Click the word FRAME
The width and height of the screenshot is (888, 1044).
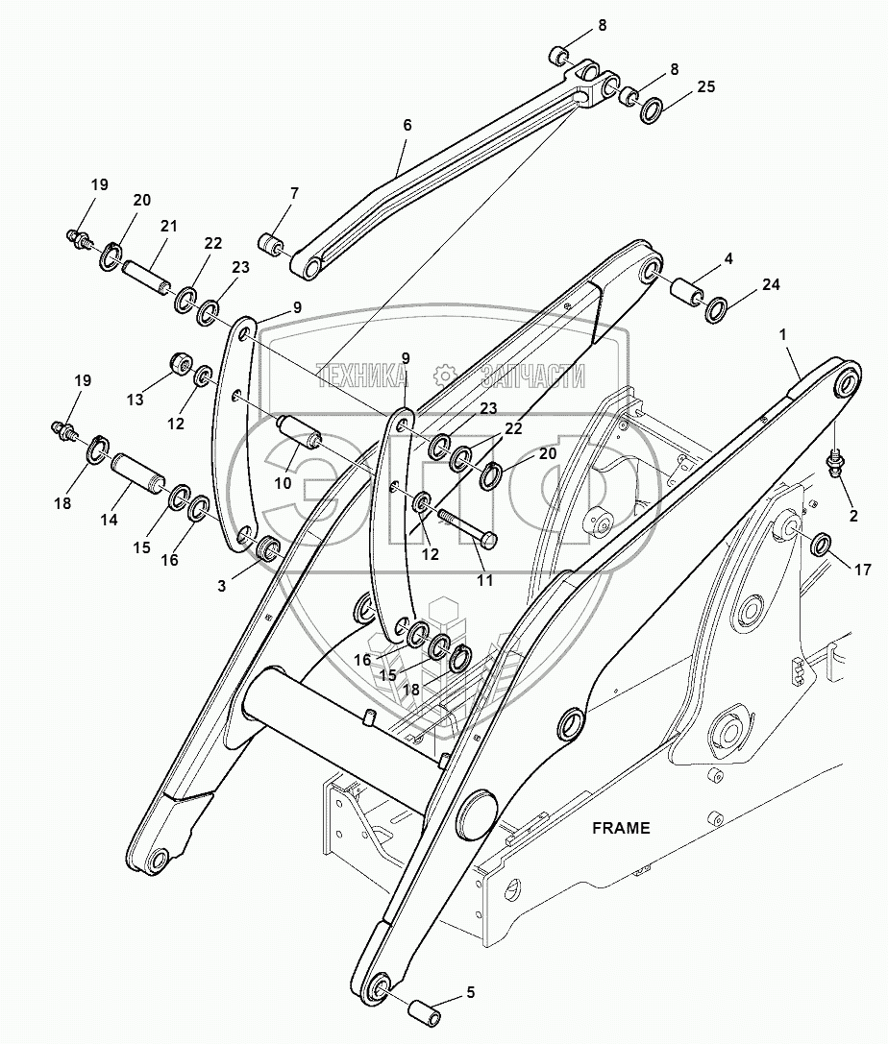click(x=621, y=827)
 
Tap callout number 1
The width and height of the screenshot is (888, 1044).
click(x=783, y=333)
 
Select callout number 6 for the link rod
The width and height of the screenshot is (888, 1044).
click(x=407, y=125)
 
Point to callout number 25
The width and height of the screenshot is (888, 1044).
click(x=706, y=86)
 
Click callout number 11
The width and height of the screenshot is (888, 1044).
click(x=482, y=581)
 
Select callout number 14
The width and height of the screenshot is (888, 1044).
click(x=109, y=520)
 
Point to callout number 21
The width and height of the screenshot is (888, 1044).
click(x=169, y=226)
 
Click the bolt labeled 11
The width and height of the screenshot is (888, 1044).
click(x=467, y=529)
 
